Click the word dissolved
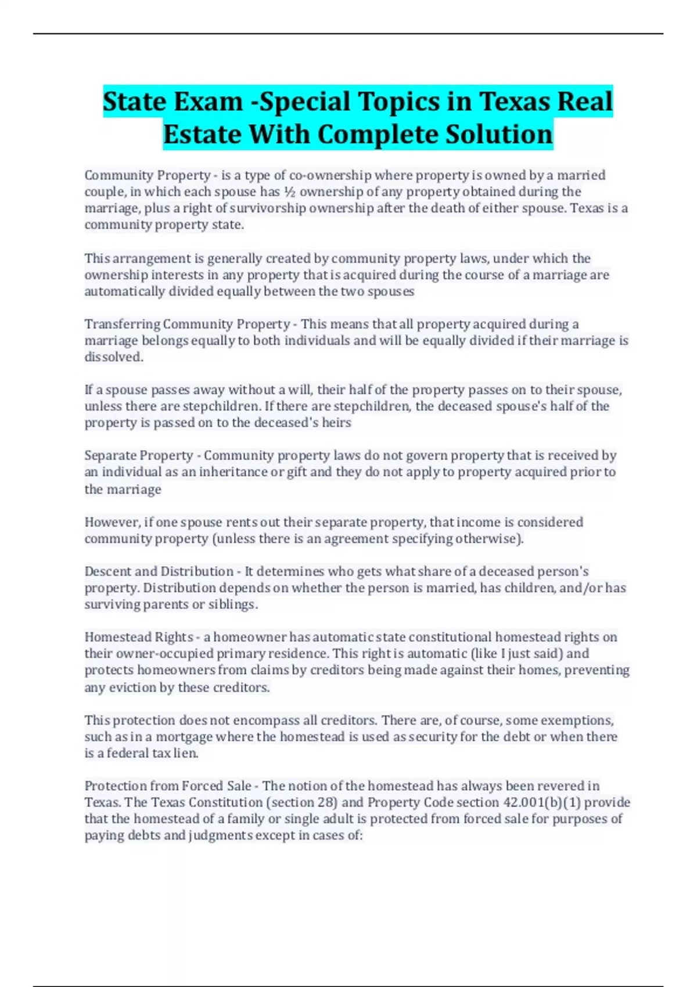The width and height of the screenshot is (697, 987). (x=113, y=356)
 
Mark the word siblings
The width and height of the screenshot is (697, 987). (x=233, y=604)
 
